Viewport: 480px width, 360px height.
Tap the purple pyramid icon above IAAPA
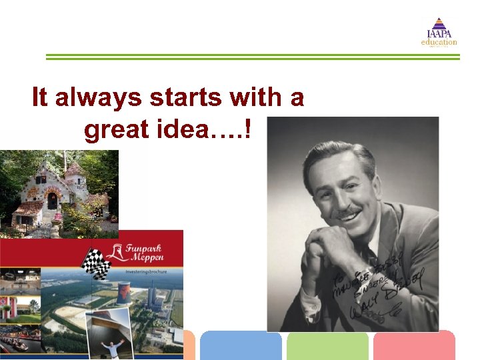coord(439,24)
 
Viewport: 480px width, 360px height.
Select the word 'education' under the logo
coord(439,43)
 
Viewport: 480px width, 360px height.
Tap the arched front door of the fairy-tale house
coord(52,200)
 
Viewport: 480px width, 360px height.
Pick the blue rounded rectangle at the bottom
coord(241,346)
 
